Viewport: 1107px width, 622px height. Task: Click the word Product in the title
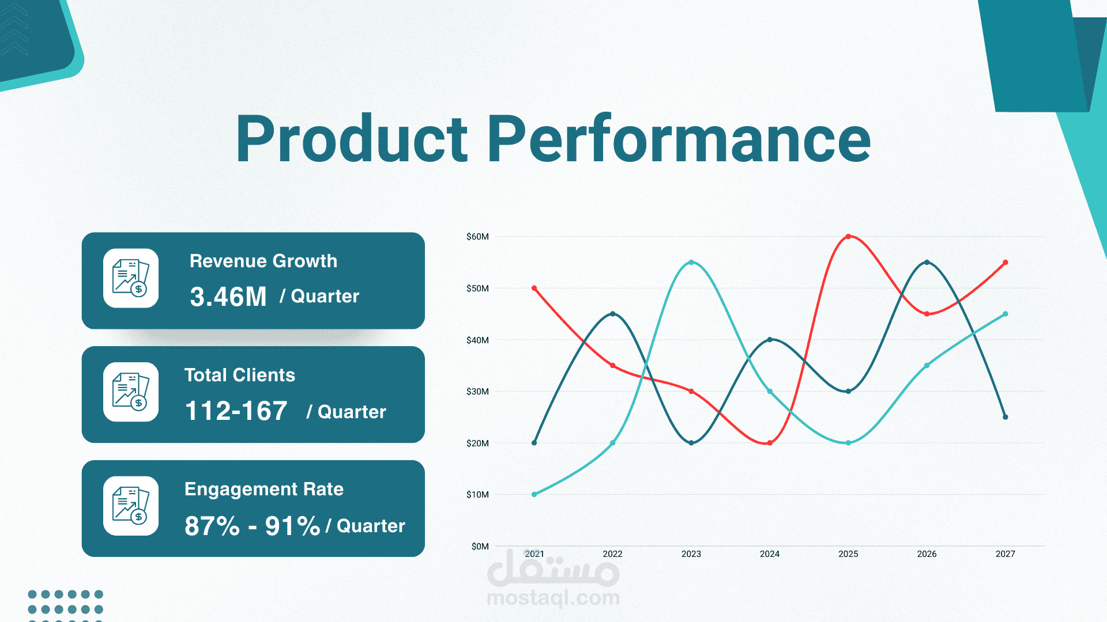352,138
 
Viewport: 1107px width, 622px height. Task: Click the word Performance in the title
679,138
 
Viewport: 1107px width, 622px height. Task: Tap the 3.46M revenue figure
228,297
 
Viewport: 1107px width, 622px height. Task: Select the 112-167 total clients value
236,411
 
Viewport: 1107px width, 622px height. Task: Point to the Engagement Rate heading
264,489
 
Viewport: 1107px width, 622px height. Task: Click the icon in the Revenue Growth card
131,278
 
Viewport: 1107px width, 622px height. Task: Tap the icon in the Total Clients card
131,392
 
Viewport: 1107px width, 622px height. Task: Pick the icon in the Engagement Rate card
131,506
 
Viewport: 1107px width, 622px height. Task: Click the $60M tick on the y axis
477,237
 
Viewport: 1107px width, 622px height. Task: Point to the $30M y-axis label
477,392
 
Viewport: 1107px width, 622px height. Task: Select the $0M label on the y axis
480,546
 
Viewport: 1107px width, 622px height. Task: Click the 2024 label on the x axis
770,554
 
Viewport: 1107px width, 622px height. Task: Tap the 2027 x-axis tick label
1006,554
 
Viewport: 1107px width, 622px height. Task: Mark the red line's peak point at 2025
848,237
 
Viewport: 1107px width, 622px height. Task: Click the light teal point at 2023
691,263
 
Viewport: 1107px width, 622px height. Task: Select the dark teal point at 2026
927,263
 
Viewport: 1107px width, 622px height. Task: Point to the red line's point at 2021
534,288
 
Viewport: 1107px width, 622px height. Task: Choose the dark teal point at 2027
1006,417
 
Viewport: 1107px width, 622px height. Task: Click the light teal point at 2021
534,494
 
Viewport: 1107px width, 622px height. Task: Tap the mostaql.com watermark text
553,598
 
